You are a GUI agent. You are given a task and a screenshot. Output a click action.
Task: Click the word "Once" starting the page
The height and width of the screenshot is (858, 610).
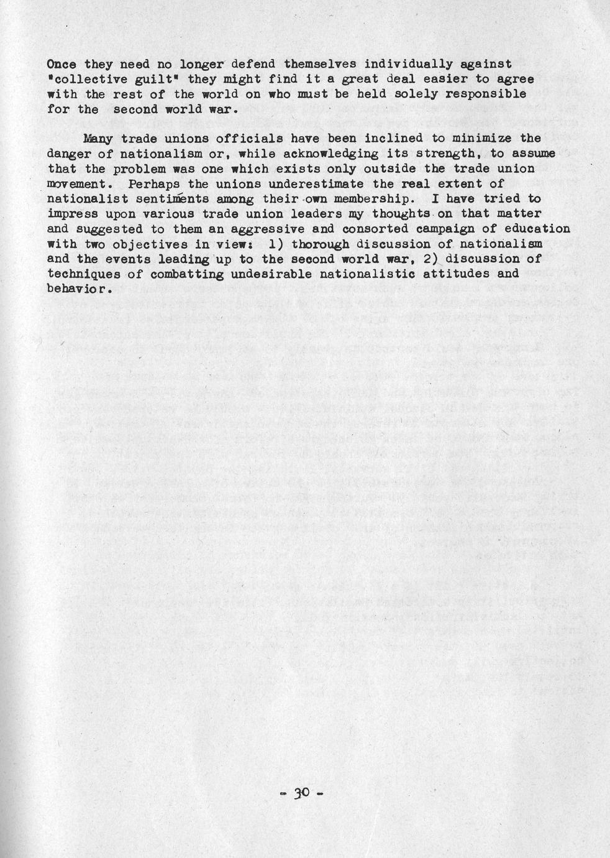click(x=62, y=64)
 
